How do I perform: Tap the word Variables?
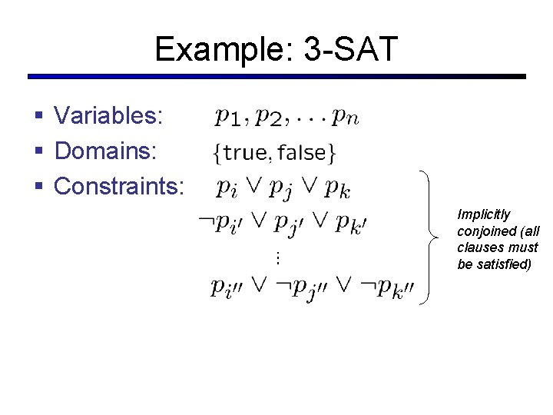pyautogui.click(x=108, y=116)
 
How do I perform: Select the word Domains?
pyautogui.click(x=105, y=151)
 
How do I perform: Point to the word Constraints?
pyautogui.click(x=119, y=186)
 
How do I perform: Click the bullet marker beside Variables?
pyautogui.click(x=38, y=117)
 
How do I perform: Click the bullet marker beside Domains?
pyautogui.click(x=38, y=151)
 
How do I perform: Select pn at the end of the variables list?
pyautogui.click(x=345, y=118)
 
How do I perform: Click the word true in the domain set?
pyautogui.click(x=245, y=153)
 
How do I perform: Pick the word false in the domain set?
pyautogui.click(x=302, y=153)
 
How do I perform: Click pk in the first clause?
pyautogui.click(x=339, y=187)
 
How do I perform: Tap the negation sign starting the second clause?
pyautogui.click(x=205, y=222)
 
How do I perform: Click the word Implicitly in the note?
pyautogui.click(x=483, y=214)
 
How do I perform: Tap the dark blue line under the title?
pyautogui.click(x=276, y=77)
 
